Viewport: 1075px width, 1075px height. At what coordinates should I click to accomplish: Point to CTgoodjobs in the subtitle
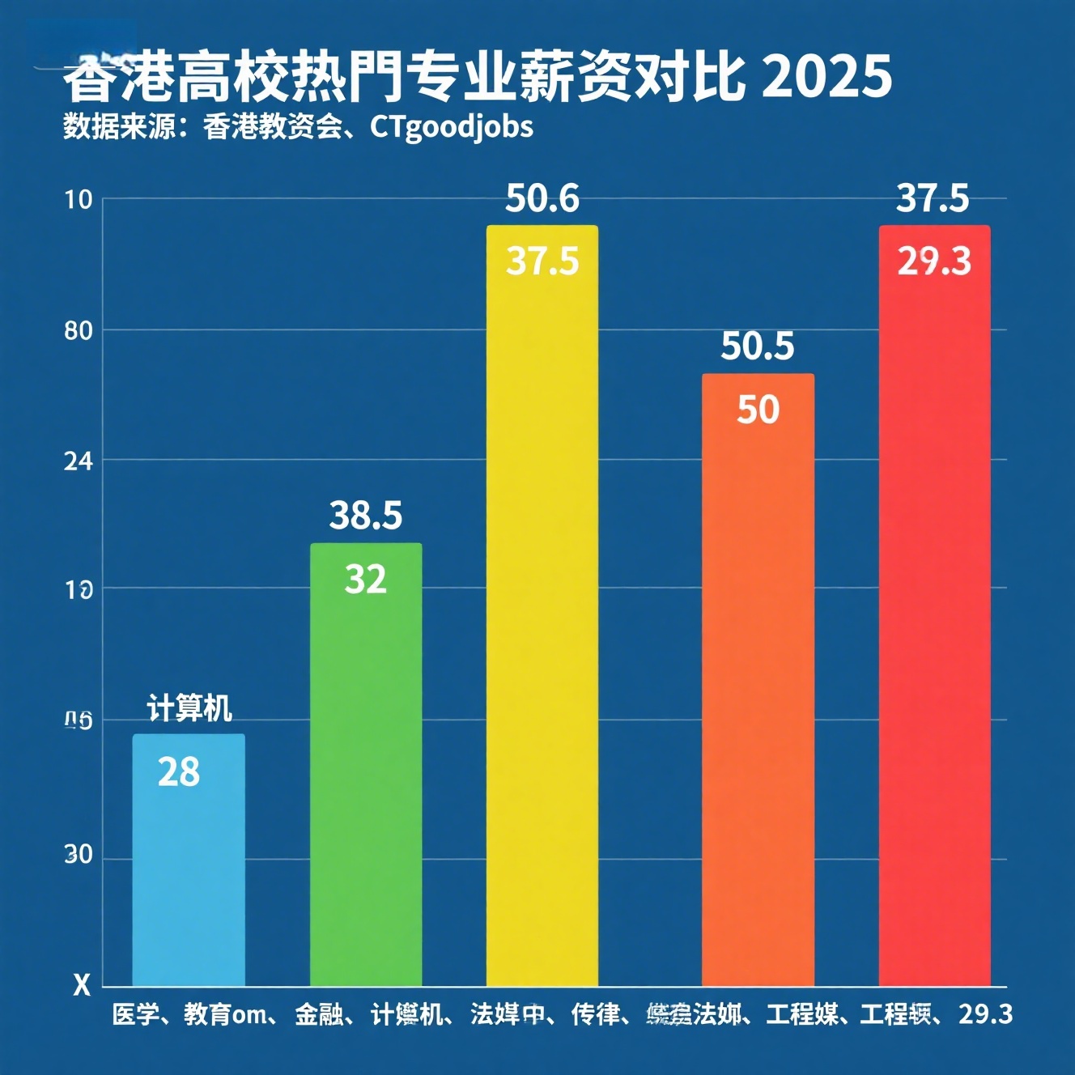452,127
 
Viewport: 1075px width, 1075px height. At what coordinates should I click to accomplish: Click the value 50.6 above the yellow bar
542,199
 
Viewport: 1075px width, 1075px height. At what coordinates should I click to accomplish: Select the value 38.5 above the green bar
366,516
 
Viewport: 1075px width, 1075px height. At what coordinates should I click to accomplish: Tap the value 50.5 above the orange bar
758,346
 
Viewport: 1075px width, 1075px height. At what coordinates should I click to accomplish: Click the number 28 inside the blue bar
179,772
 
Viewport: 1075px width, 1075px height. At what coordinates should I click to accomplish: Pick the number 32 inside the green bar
366,580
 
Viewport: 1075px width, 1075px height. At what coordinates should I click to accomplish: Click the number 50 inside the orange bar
758,410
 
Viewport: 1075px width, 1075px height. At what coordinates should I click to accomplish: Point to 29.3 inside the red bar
934,261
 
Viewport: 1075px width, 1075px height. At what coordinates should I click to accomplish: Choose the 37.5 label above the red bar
933,199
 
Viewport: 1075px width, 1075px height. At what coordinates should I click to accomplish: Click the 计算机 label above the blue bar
189,708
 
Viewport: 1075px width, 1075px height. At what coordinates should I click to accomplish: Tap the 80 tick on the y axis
79,330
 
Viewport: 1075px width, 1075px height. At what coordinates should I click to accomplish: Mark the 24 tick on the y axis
79,461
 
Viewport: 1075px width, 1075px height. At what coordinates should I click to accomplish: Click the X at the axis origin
82,985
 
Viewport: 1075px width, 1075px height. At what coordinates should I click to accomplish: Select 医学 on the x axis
134,1014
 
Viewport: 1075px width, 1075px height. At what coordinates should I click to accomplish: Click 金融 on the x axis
318,1014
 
